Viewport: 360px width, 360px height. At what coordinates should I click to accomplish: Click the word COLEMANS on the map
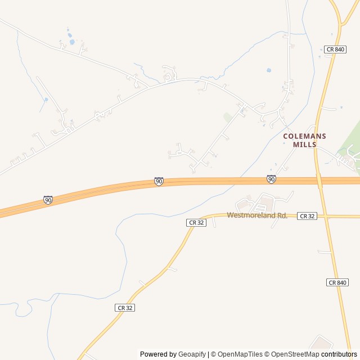[x=304, y=136]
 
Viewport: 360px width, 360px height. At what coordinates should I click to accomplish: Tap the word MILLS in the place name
[x=304, y=145]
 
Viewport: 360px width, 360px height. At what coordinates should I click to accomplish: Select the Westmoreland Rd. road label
[x=257, y=215]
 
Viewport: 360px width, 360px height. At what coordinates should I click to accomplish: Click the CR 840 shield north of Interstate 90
[x=335, y=49]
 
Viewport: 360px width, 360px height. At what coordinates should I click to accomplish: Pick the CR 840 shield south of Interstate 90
[x=337, y=282]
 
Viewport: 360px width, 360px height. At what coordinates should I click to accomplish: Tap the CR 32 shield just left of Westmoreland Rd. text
[x=197, y=223]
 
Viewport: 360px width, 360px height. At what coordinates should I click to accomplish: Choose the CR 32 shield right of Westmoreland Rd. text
[x=307, y=216]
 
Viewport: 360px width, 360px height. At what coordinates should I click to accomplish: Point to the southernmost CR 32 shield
[x=125, y=308]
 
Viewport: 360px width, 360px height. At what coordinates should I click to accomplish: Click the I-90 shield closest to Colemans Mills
[x=271, y=179]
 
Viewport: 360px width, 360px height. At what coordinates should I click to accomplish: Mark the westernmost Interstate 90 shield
[x=48, y=200]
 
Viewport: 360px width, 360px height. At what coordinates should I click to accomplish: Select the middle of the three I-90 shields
[x=159, y=181]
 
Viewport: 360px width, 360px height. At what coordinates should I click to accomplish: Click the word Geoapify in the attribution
[x=192, y=354]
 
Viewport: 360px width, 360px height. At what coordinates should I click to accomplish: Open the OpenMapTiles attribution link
[x=240, y=354]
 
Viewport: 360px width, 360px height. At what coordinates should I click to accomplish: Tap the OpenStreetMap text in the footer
[x=292, y=354]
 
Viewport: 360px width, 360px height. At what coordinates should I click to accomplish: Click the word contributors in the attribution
[x=339, y=354]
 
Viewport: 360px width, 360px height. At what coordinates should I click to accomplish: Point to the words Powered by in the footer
[x=158, y=354]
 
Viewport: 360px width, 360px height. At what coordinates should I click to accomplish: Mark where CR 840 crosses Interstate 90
[x=318, y=180]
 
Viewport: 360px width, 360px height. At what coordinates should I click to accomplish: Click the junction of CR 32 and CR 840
[x=324, y=217]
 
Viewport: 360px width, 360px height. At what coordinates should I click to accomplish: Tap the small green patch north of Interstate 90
[x=227, y=117]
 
